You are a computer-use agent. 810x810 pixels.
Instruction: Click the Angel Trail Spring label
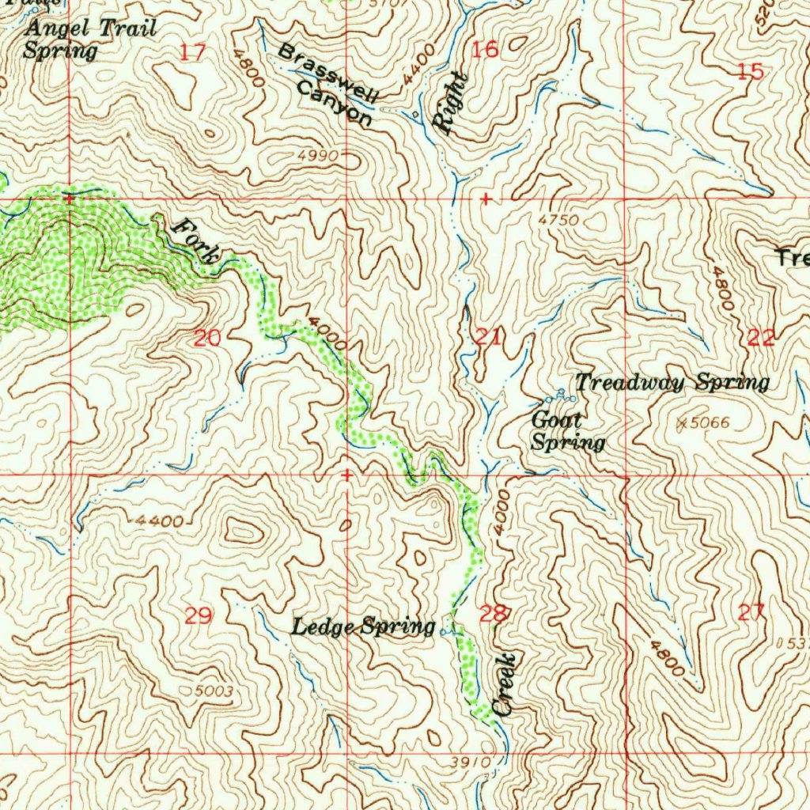[x=89, y=40]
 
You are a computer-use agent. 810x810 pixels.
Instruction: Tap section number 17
[x=192, y=53]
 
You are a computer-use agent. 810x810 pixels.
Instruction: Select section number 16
[x=486, y=51]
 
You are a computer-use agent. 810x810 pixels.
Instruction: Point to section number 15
[x=750, y=72]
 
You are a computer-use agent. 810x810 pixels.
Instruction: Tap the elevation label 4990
[x=319, y=157]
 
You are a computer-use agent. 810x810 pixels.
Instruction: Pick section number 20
[x=207, y=339]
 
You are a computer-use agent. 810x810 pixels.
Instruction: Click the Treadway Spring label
[x=672, y=383]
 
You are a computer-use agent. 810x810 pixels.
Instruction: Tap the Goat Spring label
[x=567, y=431]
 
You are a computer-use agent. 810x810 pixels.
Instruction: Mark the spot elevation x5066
[x=704, y=423]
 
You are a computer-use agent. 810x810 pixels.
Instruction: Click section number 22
[x=760, y=339]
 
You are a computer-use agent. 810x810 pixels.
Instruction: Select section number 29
[x=198, y=615]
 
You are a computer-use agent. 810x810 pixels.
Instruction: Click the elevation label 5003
[x=214, y=691]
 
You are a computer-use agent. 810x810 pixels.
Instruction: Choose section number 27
[x=751, y=611]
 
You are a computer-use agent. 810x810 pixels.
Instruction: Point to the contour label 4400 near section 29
[x=159, y=520]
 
